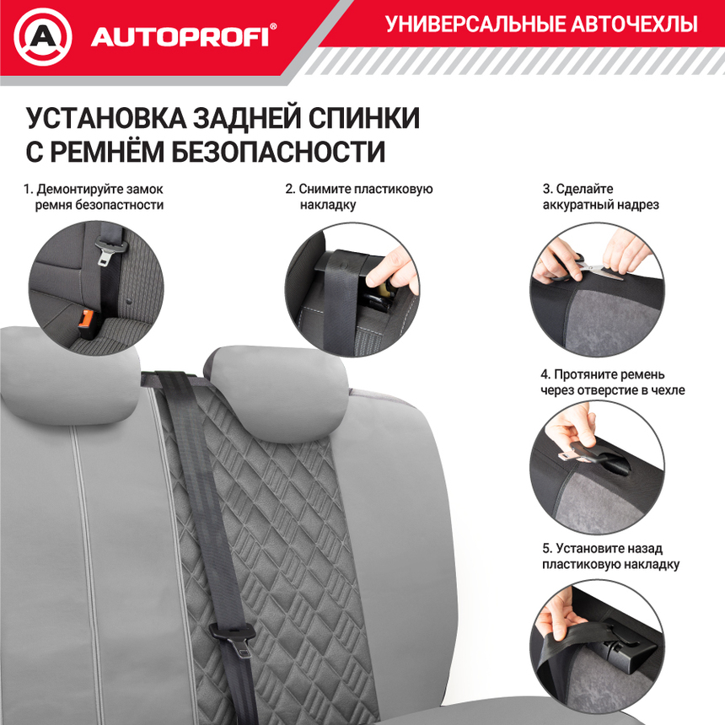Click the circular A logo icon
(43, 36)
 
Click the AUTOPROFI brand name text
(179, 37)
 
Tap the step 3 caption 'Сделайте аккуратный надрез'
(600, 197)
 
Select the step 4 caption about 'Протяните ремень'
(612, 382)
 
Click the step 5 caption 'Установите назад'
(610, 556)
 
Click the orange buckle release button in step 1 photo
(87, 319)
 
